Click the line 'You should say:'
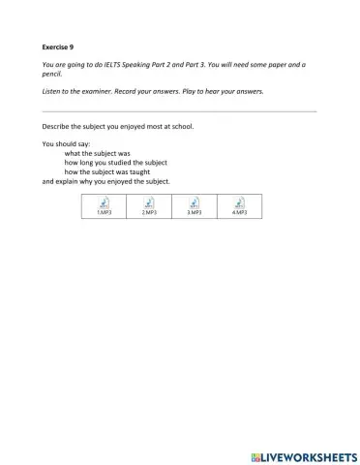click(x=67, y=144)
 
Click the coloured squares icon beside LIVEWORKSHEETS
click(x=256, y=454)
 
